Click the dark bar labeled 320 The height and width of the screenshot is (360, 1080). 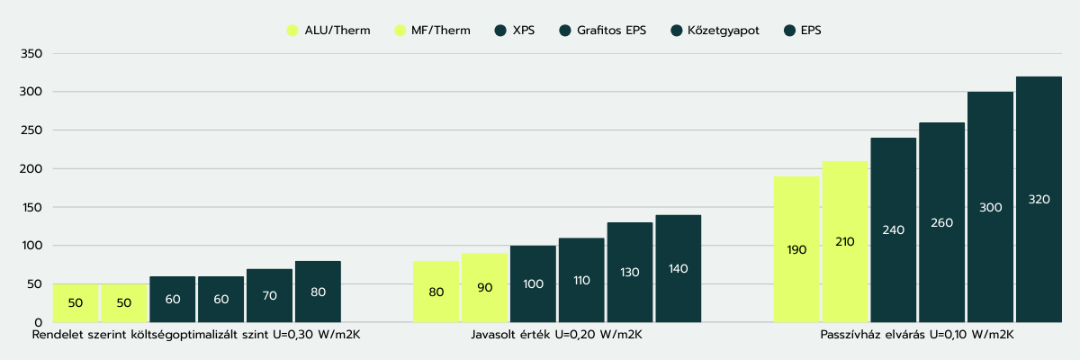1039,199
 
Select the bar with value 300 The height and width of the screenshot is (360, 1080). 990,207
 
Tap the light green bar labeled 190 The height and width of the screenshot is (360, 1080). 796,249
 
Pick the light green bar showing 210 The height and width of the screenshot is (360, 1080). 845,241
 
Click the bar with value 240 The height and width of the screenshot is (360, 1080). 893,229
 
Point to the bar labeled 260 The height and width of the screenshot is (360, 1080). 941,222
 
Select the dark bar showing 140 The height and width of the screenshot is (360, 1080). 678,268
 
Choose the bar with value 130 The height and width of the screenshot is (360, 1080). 630,272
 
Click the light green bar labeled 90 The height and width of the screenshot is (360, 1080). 484,287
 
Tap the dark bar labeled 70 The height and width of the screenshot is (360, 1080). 269,295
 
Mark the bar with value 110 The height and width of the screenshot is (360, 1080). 581,280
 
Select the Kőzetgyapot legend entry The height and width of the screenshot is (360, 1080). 715,31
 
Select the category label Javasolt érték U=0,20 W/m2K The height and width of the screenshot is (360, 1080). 557,335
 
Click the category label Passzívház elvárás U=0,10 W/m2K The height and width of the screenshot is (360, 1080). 917,335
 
